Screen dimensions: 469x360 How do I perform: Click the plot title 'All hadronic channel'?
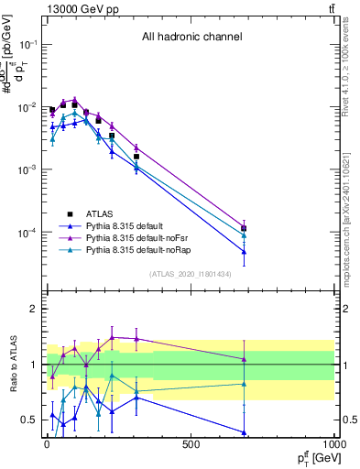point(191,38)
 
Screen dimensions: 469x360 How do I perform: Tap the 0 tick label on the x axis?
point(46,444)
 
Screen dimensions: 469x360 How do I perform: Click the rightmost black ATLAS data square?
point(244,229)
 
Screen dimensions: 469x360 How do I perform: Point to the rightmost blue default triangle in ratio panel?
point(244,432)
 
